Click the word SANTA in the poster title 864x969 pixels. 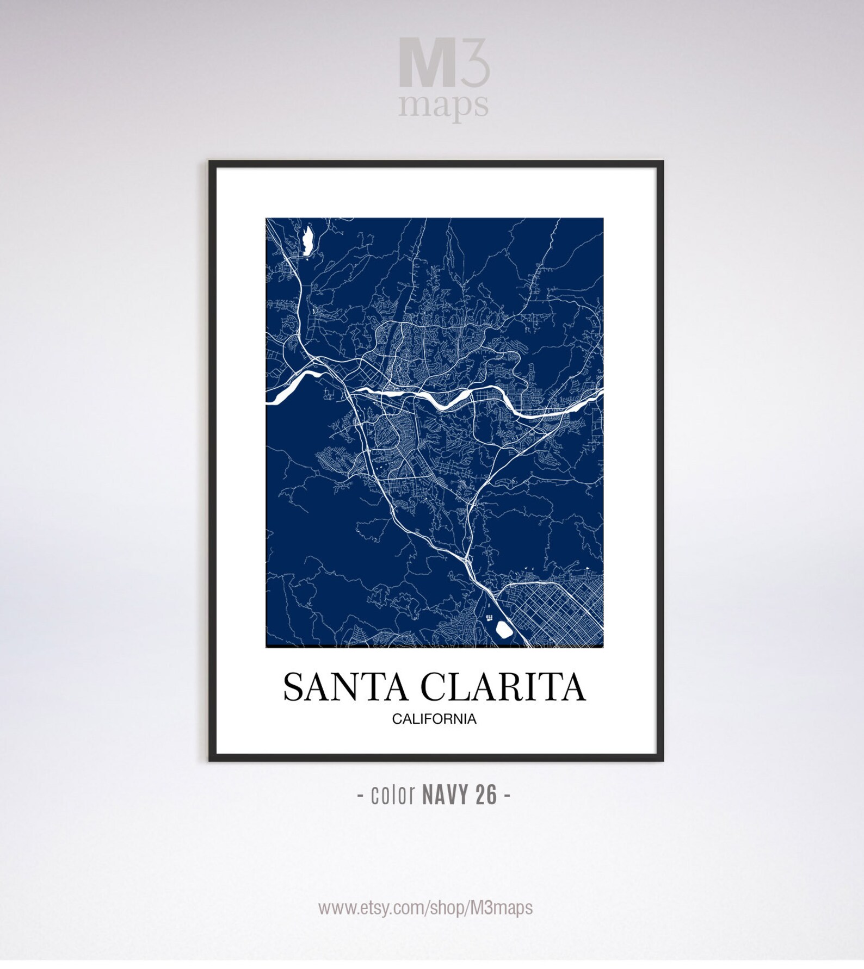click(345, 687)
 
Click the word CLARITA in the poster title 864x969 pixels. click(503, 687)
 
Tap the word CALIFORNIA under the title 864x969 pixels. click(434, 719)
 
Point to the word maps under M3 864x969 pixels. click(443, 105)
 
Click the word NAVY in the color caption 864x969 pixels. click(445, 795)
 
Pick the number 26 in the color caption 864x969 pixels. click(486, 795)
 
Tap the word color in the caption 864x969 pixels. click(393, 795)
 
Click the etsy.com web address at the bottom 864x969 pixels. click(425, 908)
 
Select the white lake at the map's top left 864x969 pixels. click(307, 240)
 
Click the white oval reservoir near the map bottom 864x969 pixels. click(504, 629)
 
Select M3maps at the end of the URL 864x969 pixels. click(505, 908)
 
